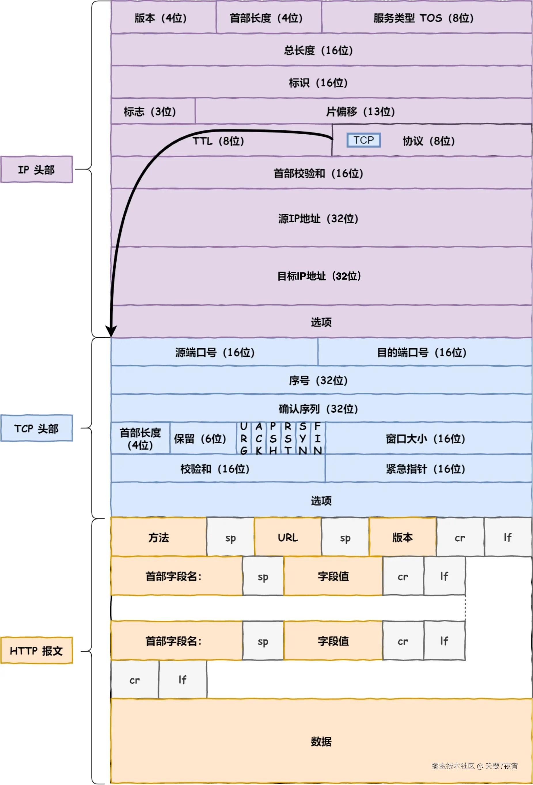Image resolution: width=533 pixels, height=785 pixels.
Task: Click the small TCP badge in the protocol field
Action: pos(364,140)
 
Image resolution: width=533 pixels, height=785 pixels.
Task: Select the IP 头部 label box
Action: pos(37,169)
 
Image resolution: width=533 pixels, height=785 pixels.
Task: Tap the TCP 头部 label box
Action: pos(37,428)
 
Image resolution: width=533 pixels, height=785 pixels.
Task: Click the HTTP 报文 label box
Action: pos(37,651)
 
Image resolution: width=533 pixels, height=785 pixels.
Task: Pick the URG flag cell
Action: pos(244,438)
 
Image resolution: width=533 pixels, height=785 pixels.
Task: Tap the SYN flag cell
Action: pos(303,438)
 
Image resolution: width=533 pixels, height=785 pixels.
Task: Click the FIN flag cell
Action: pos(318,438)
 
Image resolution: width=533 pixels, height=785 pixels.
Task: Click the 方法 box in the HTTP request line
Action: pos(159,537)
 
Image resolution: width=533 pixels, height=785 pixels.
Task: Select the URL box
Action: pos(288,537)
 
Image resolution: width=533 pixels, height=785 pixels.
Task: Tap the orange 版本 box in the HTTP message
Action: pos(403,537)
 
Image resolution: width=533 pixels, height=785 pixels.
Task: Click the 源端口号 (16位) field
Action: pos(215,352)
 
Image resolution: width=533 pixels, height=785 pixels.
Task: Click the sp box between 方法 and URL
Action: pos(230,537)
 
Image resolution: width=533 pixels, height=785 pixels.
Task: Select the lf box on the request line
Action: pos(508,537)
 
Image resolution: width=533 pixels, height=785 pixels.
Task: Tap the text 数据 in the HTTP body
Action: pos(321,742)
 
